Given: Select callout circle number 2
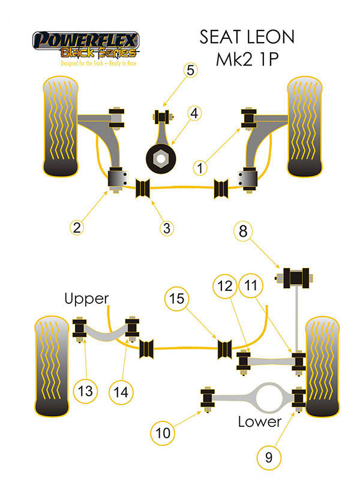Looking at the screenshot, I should (77, 227).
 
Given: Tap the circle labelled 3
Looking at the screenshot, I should (167, 228).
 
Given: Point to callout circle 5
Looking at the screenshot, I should (190, 70).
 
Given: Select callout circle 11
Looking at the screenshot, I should (250, 285).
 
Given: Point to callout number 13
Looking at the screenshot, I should (85, 391).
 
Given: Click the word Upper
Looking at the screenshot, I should (87, 298).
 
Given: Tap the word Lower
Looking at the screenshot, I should (259, 421).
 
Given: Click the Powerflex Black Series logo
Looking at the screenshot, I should (86, 46).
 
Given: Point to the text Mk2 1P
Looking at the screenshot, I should (247, 62).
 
